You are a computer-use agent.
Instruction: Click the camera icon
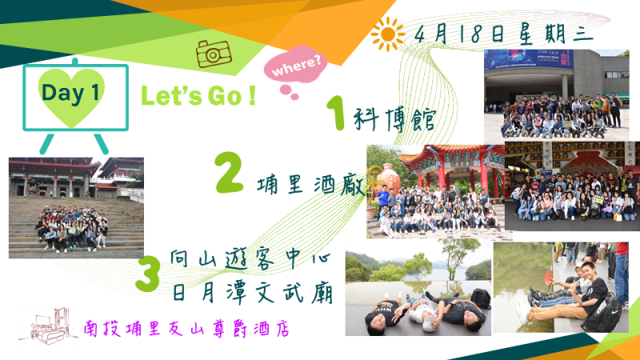pyautogui.click(x=214, y=54)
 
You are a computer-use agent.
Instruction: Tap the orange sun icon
pyautogui.click(x=387, y=34)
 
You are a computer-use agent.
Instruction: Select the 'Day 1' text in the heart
pyautogui.click(x=70, y=93)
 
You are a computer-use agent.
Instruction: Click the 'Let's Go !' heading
pyautogui.click(x=198, y=96)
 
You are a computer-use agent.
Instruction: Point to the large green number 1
pyautogui.click(x=336, y=113)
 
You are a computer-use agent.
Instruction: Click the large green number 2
pyautogui.click(x=230, y=172)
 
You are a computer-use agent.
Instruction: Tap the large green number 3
pyautogui.click(x=147, y=274)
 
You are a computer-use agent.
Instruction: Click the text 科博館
pyautogui.click(x=394, y=119)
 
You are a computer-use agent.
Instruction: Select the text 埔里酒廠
pyautogui.click(x=311, y=185)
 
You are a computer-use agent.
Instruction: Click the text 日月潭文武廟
pyautogui.click(x=252, y=294)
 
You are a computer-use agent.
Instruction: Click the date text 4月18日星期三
pyautogui.click(x=503, y=33)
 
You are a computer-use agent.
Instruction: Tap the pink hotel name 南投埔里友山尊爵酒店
pyautogui.click(x=186, y=329)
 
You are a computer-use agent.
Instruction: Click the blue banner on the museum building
pyautogui.click(x=529, y=59)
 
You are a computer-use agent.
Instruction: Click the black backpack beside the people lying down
pyautogui.click(x=481, y=298)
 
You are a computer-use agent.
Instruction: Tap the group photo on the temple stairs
pyautogui.click(x=76, y=208)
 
